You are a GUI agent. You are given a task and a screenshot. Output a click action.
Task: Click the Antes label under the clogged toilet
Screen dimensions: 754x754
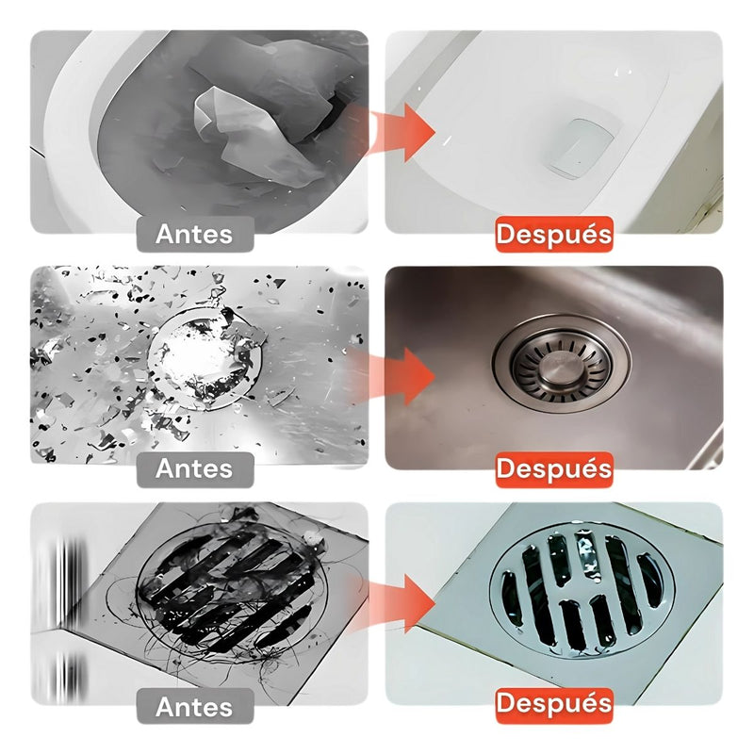pyautogui.click(x=195, y=234)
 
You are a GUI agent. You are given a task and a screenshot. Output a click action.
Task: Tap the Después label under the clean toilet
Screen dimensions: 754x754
pyautogui.click(x=554, y=234)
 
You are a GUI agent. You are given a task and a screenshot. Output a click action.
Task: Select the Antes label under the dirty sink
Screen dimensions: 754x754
pyautogui.click(x=195, y=468)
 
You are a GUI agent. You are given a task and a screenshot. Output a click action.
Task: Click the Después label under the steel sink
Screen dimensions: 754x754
pyautogui.click(x=554, y=468)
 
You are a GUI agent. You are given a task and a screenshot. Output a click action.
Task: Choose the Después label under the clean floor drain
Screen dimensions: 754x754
pyautogui.click(x=554, y=703)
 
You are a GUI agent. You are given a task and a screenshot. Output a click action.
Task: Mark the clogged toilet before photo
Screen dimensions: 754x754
pyautogui.click(x=199, y=132)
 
